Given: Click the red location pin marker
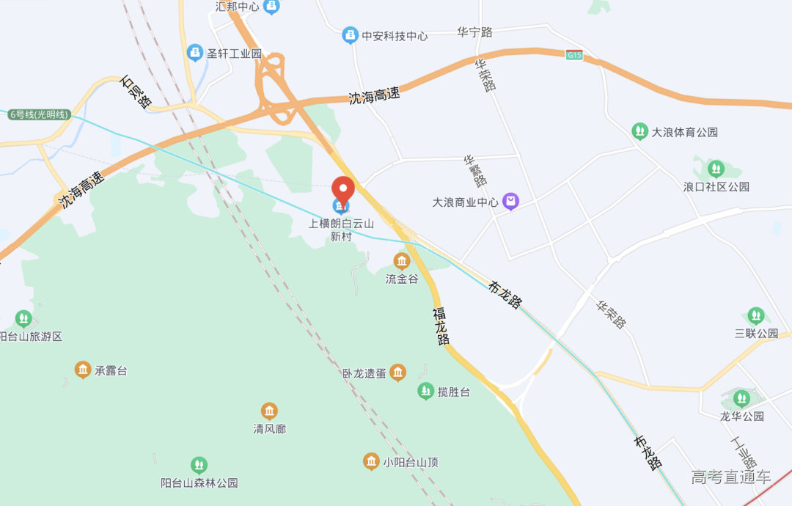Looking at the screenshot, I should click(343, 190).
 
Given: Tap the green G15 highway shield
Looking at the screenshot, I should click(574, 54).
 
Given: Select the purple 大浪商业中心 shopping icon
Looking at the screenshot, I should click(510, 201).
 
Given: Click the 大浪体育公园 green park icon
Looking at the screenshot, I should click(639, 131).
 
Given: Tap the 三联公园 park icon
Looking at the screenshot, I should click(756, 317).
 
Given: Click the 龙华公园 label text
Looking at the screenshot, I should click(741, 416).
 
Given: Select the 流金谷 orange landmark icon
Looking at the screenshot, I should click(402, 260).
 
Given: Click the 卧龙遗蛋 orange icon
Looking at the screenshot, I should click(397, 373).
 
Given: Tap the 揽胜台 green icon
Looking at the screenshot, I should click(426, 391).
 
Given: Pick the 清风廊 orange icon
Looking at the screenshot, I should click(269, 411).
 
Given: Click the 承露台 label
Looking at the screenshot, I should click(111, 370).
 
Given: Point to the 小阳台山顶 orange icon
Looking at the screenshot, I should click(372, 461).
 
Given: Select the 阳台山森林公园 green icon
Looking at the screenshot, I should click(199, 465).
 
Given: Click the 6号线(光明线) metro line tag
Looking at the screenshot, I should click(39, 114).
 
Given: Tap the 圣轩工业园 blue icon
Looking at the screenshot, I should click(195, 53).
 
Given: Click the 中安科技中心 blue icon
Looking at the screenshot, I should click(351, 34).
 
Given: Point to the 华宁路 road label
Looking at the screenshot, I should click(474, 32).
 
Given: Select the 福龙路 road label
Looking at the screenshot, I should click(441, 326).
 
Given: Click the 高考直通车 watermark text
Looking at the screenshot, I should click(730, 477).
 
